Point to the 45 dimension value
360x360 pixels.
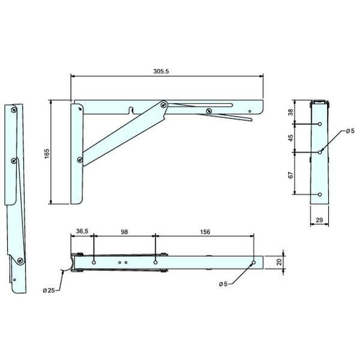click(292, 138)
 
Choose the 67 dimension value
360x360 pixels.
click(292, 174)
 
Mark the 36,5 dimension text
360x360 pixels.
click(82, 231)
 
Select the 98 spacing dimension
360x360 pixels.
click(124, 231)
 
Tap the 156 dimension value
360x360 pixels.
click(204, 231)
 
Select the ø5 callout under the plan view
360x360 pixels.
click(226, 284)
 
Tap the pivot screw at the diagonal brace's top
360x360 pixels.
click(163, 105)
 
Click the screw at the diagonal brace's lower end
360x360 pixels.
click(80, 160)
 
